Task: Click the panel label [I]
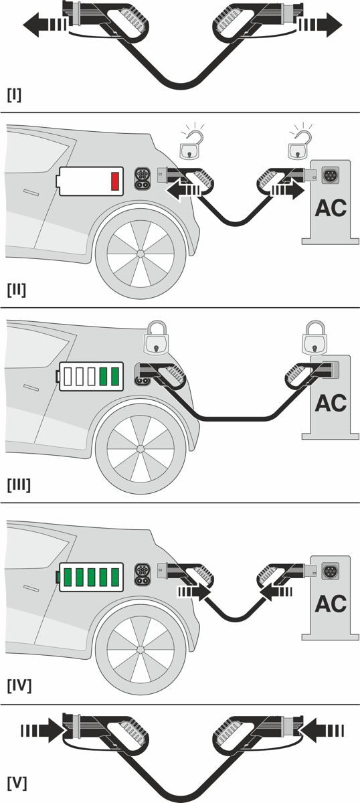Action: pos(14,95)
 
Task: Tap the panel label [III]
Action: pos(19,485)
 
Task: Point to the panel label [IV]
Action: pos(19,686)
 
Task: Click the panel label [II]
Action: pos(17,290)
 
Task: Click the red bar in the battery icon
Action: pos(115,181)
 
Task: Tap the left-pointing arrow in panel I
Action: pos(45,25)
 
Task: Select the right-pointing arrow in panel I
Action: pos(321,25)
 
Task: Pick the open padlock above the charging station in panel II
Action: pos(298,145)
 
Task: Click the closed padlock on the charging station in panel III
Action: pos(314,338)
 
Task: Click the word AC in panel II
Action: pos(331,208)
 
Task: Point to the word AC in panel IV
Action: pos(331,603)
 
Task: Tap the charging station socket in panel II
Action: pos(331,175)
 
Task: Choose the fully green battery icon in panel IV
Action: pos(90,577)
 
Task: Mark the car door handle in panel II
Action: pos(31,193)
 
